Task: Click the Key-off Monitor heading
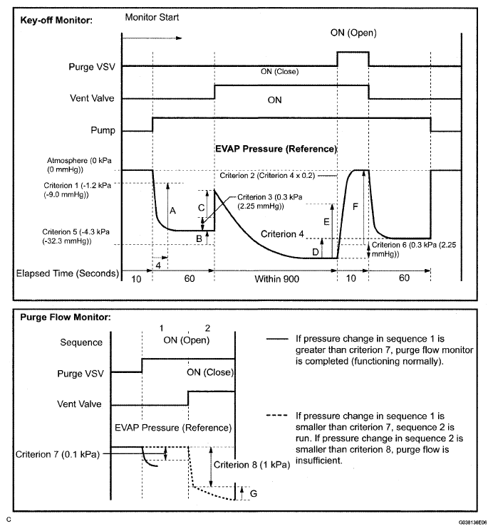pyautogui.click(x=58, y=19)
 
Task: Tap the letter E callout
pyautogui.click(x=326, y=221)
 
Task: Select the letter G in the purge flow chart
pyautogui.click(x=254, y=492)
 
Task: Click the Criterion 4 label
pyautogui.click(x=283, y=233)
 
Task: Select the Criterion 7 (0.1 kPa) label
pyautogui.click(x=57, y=453)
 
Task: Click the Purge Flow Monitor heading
pyautogui.click(x=64, y=317)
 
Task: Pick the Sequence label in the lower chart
pyautogui.click(x=83, y=342)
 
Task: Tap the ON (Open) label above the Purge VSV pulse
pyautogui.click(x=353, y=33)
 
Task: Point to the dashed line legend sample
pyautogui.click(x=276, y=413)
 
